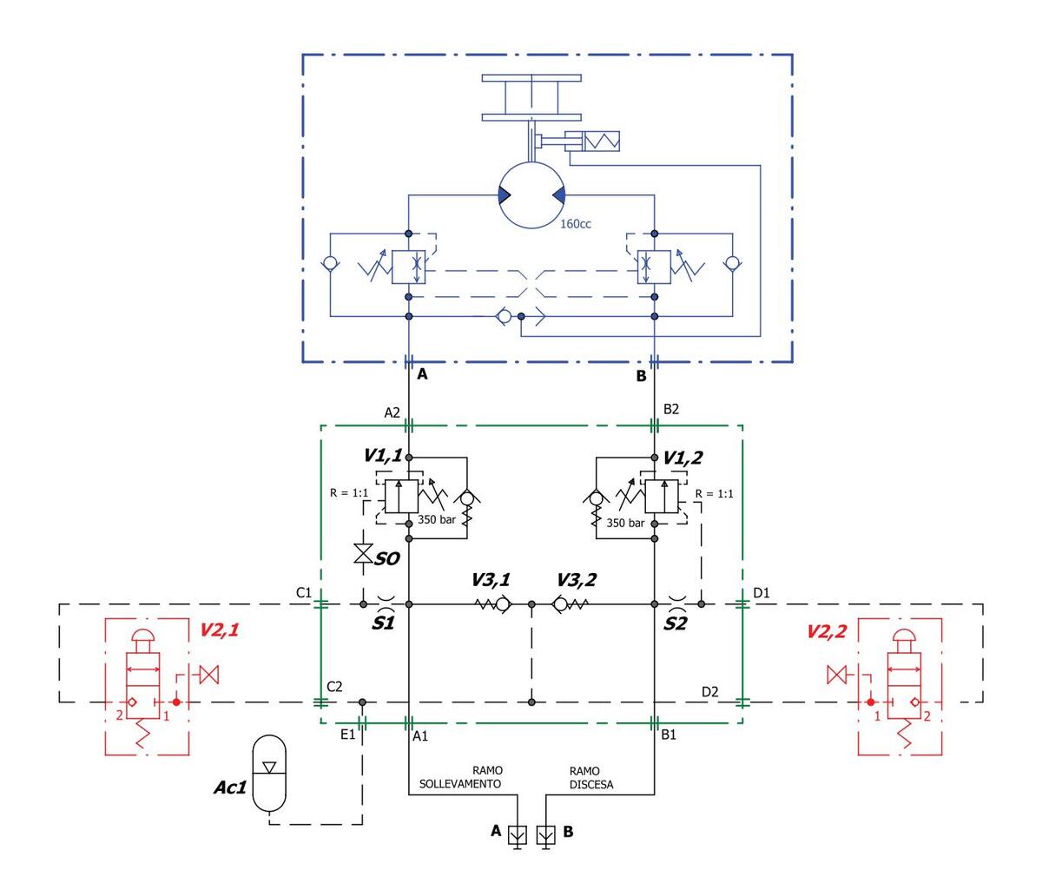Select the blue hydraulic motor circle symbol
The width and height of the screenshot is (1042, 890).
[x=531, y=194]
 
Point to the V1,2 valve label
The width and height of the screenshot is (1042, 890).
[x=682, y=457]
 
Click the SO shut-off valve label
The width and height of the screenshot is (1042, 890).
[x=386, y=559]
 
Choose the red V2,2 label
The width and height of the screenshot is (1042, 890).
[x=826, y=631]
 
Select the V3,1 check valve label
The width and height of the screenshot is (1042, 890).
[x=491, y=579]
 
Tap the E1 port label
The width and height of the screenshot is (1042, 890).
[x=347, y=735]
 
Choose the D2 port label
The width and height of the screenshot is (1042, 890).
[x=710, y=691]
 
